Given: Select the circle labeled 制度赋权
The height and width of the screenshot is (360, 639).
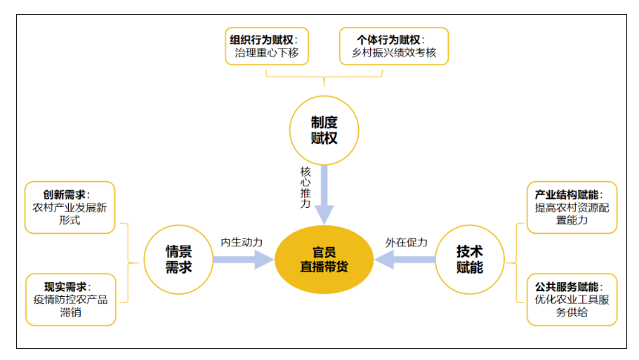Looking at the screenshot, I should tap(324, 130).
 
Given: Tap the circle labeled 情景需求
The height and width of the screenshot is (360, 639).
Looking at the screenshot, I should tap(178, 259).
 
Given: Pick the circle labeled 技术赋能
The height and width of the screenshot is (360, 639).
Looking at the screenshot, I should tap(469, 259).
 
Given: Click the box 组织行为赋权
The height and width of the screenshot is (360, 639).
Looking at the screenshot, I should tap(268, 46).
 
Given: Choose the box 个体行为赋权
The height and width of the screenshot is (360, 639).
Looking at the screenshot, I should tap(393, 46).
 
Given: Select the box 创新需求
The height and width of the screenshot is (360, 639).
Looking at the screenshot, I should tap(70, 207).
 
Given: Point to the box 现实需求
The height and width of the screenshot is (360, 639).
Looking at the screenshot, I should tap(70, 299).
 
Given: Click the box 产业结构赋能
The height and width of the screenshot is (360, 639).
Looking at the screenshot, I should tap(572, 207).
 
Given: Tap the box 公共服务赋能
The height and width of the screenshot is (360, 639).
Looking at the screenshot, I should tap(572, 299).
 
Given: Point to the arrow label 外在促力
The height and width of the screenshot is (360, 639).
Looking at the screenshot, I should tap(406, 242).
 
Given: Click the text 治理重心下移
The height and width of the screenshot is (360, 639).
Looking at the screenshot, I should tap(268, 53).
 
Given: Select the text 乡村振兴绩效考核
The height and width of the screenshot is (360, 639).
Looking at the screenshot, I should tap(393, 53).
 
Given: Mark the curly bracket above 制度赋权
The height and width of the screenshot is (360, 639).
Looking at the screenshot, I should tap(324, 77).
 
